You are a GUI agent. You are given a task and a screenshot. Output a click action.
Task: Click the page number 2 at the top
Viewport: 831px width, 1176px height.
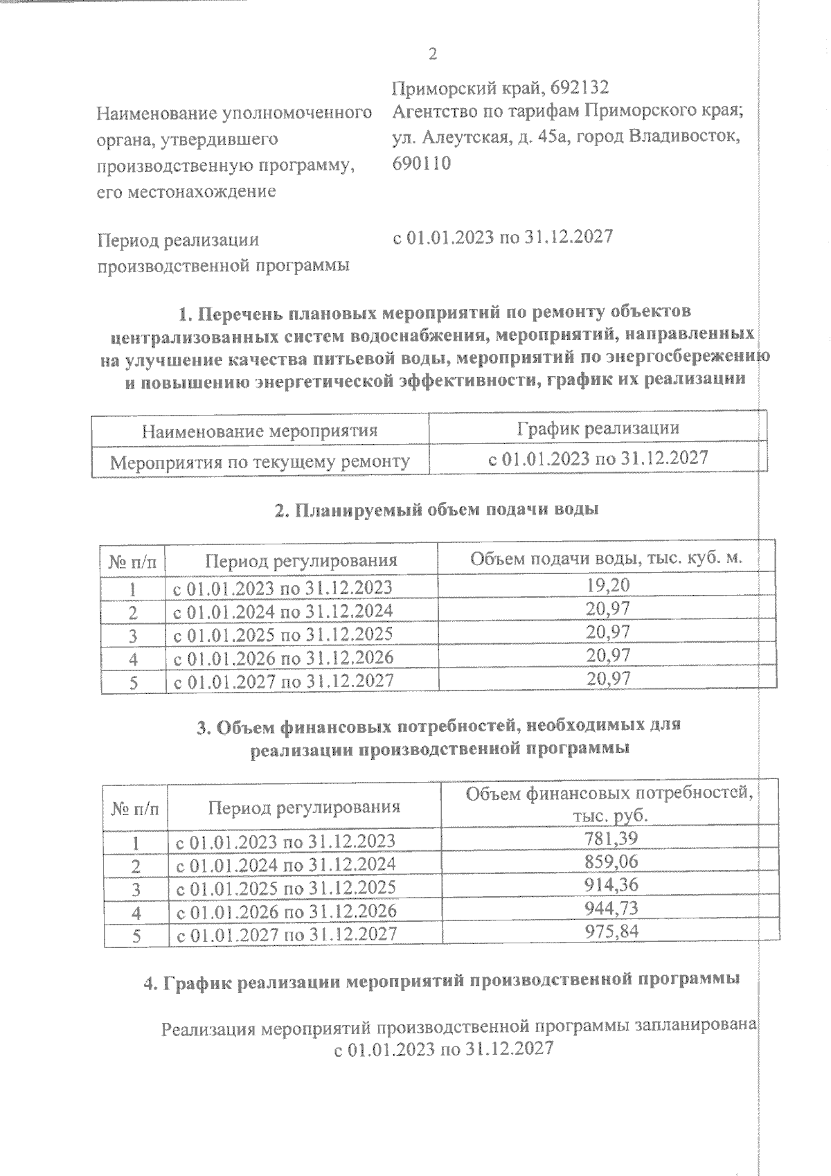[x=433, y=54]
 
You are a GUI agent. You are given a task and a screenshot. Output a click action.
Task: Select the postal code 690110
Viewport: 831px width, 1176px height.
[x=421, y=163]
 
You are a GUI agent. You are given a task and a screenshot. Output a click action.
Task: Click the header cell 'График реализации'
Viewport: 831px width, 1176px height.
[x=598, y=428]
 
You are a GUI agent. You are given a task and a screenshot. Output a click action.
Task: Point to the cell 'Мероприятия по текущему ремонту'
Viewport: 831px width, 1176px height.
[x=260, y=461]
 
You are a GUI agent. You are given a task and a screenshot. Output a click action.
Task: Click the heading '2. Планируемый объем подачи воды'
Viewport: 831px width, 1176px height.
[x=436, y=510]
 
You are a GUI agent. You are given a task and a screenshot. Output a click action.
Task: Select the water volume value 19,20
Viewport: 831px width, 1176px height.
[x=608, y=585]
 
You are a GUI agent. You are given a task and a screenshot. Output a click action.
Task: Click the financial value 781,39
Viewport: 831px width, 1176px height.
[x=611, y=839]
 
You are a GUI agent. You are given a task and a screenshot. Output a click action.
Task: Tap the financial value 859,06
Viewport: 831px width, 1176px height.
[x=611, y=862]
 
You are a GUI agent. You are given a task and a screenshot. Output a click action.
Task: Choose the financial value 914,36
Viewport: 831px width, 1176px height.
[x=611, y=885]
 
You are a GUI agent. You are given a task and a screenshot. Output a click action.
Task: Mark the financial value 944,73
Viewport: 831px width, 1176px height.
[x=611, y=908]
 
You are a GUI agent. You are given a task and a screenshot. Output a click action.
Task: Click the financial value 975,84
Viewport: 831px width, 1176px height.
[x=611, y=931]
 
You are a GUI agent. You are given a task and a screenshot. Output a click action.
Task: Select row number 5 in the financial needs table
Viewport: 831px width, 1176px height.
[x=136, y=936]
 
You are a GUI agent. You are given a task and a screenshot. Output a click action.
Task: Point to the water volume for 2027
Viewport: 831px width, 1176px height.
[x=608, y=679]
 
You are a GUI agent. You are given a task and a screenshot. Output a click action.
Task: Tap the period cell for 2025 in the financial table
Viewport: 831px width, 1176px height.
[x=287, y=888]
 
